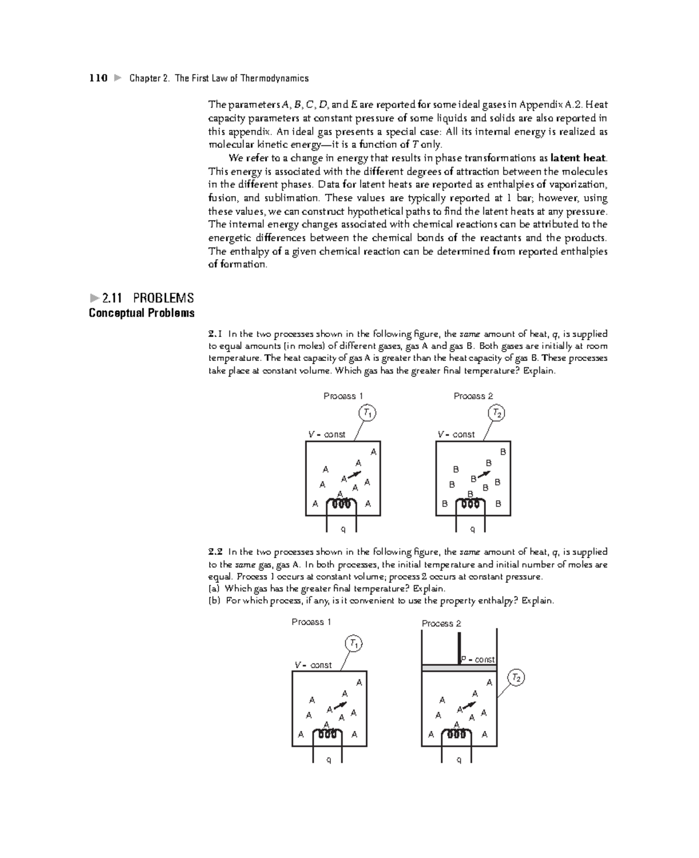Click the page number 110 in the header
point(98,78)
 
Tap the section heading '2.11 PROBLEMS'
point(147,298)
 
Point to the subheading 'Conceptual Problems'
point(142,313)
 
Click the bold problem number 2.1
point(215,334)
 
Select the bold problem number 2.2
point(216,552)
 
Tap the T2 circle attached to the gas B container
point(496,413)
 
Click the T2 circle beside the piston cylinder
point(516,678)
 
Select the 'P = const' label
point(478,660)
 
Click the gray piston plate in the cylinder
point(459,668)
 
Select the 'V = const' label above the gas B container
point(456,434)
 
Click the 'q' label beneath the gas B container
point(472,529)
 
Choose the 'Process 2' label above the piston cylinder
point(441,623)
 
